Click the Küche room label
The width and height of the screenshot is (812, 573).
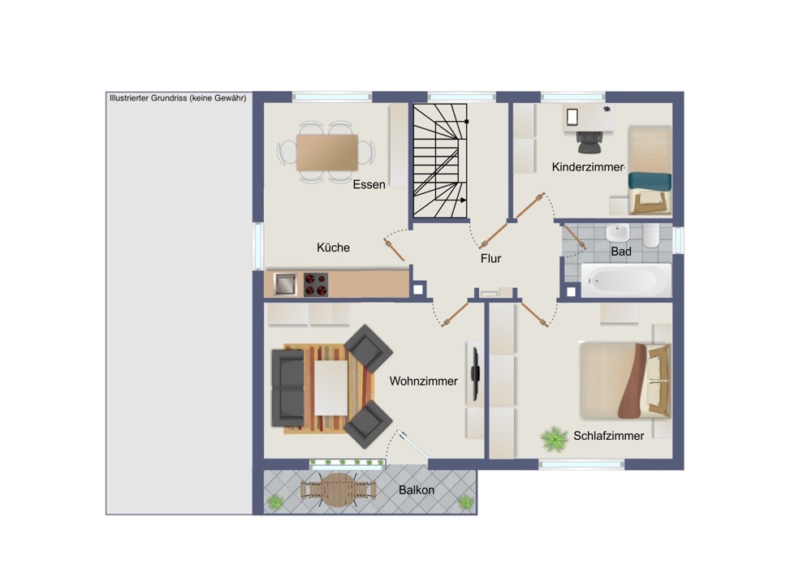click(333, 248)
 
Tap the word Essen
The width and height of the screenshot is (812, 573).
click(369, 184)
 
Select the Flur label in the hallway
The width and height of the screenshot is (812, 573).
click(490, 258)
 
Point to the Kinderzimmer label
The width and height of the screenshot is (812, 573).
click(588, 166)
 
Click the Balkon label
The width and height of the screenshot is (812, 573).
click(417, 489)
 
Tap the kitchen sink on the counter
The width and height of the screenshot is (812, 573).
click(285, 284)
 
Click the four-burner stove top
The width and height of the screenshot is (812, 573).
click(315, 284)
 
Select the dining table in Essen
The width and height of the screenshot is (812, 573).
click(326, 153)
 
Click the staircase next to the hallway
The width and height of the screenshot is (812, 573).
click(440, 161)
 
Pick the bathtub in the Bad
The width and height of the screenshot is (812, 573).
click(626, 281)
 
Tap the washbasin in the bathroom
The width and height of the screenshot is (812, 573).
click(617, 233)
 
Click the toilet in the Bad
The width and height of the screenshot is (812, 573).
click(651, 235)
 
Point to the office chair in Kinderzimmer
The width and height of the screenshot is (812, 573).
click(589, 141)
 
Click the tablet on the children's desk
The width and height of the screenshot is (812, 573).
click(572, 117)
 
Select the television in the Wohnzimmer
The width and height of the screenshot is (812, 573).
click(474, 373)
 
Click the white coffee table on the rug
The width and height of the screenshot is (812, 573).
click(331, 388)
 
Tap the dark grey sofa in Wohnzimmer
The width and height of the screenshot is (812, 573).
click(288, 388)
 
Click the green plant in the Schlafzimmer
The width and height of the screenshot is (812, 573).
click(555, 439)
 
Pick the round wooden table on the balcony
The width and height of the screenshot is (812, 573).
click(338, 489)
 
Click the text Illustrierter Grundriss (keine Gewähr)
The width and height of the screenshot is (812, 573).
click(178, 98)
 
